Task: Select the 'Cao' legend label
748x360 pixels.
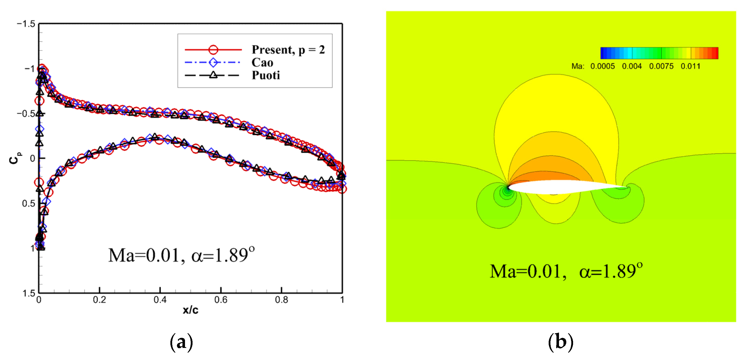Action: [262, 62]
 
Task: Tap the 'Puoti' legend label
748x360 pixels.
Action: [266, 75]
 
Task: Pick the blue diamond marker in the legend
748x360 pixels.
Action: [213, 62]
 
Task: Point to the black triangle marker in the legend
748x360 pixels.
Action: [213, 75]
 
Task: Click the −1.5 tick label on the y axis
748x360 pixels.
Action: [26, 24]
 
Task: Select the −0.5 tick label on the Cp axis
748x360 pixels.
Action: [26, 114]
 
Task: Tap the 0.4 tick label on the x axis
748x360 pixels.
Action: [160, 300]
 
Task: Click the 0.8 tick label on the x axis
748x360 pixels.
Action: [281, 300]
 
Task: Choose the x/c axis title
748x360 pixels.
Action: [190, 310]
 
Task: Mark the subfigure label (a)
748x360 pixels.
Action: [181, 342]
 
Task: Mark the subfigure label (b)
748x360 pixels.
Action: [560, 342]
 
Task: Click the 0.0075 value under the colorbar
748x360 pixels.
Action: [661, 66]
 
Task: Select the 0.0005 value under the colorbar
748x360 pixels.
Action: [602, 66]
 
